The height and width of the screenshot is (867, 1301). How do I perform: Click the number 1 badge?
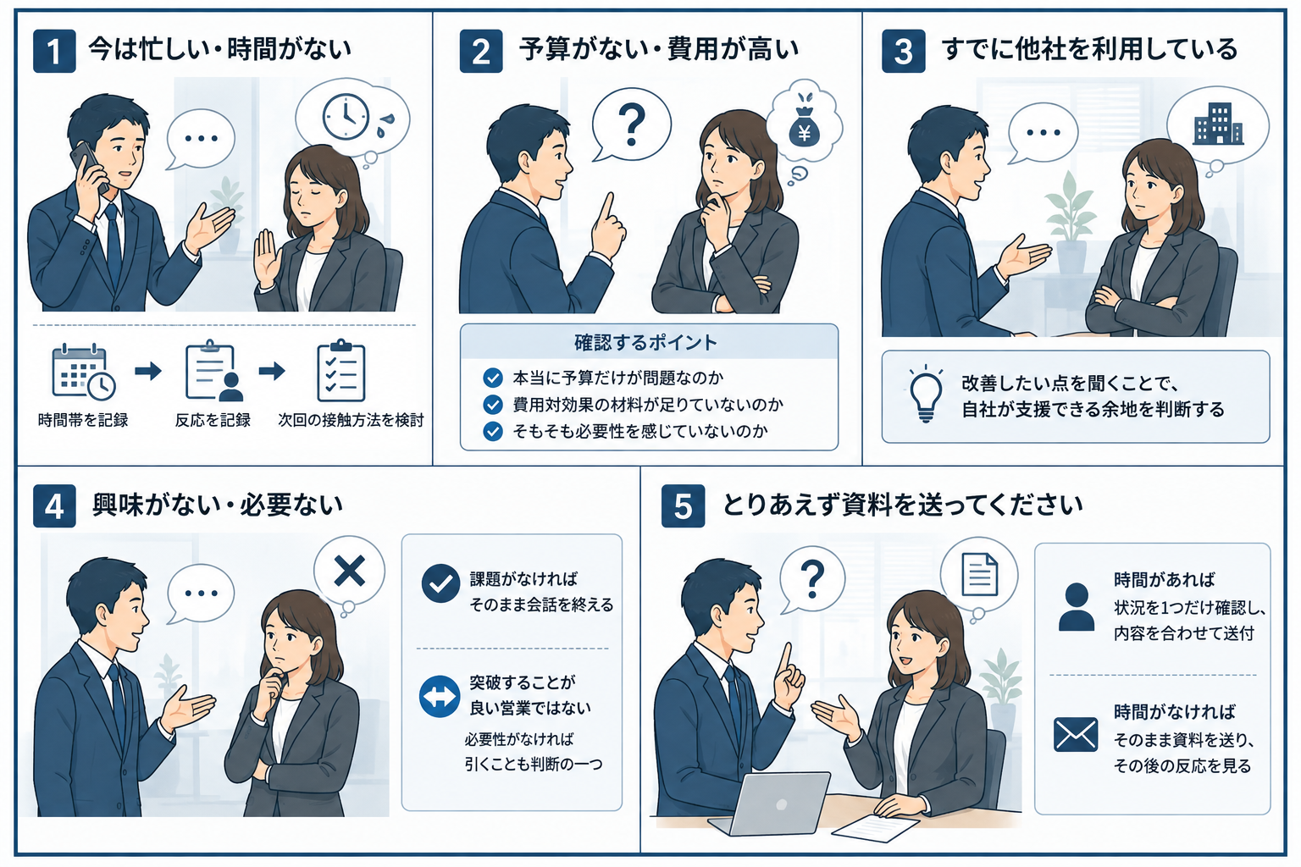coord(54,51)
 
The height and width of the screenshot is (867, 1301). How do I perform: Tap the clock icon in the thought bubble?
coord(346,116)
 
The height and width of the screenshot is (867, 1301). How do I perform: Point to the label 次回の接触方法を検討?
coord(351,420)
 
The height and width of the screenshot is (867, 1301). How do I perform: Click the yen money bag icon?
coord(805,127)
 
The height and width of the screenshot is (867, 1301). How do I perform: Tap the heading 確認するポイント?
coord(645,343)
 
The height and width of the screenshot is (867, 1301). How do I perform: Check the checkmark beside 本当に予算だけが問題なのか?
coord(492,378)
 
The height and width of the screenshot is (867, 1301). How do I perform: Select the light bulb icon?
coord(925,393)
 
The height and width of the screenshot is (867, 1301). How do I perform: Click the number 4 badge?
coord(54,505)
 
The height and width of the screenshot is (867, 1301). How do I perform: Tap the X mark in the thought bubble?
coord(350,571)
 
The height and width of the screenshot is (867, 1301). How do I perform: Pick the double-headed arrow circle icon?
coord(440,696)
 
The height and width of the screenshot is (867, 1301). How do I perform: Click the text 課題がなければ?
coord(523,579)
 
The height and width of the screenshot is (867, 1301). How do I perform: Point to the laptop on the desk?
coord(771,803)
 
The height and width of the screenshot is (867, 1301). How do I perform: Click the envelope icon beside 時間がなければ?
coord(1076,735)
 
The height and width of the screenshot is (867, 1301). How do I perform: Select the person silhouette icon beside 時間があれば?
coord(1077,607)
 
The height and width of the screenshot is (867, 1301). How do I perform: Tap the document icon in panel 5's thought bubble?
coord(980,575)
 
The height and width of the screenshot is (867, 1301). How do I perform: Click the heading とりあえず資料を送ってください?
coord(903,505)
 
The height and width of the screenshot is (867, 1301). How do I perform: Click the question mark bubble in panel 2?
coord(631,124)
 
